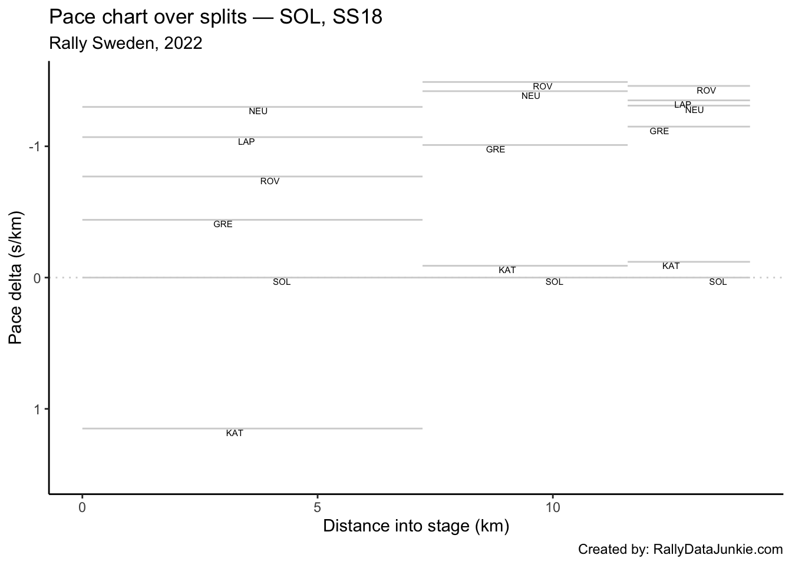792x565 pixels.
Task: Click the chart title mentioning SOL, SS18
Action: pos(216,18)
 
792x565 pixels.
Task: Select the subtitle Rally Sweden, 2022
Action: pos(126,44)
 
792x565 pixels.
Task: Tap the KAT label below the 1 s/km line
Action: pos(235,433)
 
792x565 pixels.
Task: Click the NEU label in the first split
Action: pos(258,111)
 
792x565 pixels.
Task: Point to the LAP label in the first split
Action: pos(246,142)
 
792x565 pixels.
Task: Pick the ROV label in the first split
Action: pos(270,181)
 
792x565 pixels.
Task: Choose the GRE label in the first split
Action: pos(223,224)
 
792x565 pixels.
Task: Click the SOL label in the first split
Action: pos(282,282)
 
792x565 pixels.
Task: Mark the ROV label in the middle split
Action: pos(543,87)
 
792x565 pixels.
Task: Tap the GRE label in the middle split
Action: pos(496,149)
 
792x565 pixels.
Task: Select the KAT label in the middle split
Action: pos(507,270)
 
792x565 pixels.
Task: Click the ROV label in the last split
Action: pos(706,91)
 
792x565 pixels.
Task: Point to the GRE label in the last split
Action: pos(659,131)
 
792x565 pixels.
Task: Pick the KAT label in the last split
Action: pos(671,266)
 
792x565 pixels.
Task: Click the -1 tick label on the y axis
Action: pos(34,147)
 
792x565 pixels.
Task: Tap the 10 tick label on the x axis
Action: pos(552,507)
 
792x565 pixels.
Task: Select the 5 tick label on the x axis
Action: pos(318,507)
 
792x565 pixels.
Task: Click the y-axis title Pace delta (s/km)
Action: pos(16,277)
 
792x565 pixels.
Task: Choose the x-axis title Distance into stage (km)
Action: pos(416,526)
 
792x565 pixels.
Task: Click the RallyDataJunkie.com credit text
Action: pos(681,550)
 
